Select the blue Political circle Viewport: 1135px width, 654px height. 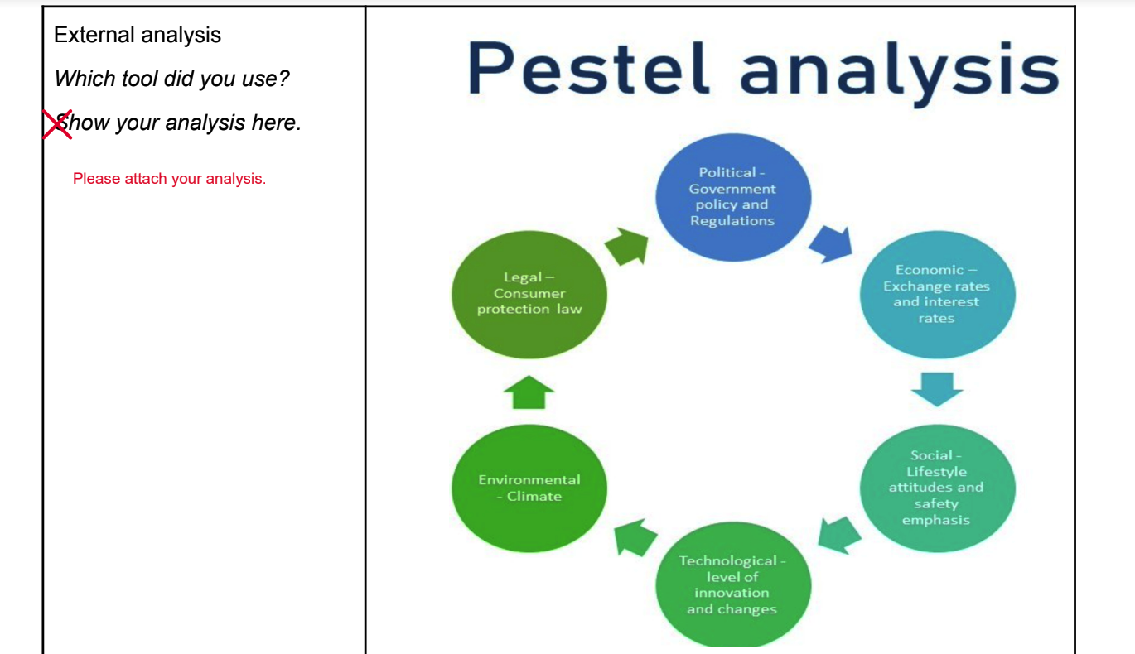(732, 197)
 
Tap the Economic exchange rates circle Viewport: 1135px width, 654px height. (936, 294)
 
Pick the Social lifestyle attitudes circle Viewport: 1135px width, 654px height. (936, 488)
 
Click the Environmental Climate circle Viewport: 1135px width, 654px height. (529, 488)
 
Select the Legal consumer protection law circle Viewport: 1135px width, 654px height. (529, 294)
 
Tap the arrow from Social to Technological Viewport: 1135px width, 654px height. (840, 534)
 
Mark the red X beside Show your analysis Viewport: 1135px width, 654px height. (57, 123)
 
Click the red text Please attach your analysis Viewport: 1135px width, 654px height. (169, 179)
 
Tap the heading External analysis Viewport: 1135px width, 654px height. (138, 35)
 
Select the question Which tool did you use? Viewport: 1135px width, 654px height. (171, 79)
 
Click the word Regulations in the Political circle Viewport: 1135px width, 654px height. (732, 221)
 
